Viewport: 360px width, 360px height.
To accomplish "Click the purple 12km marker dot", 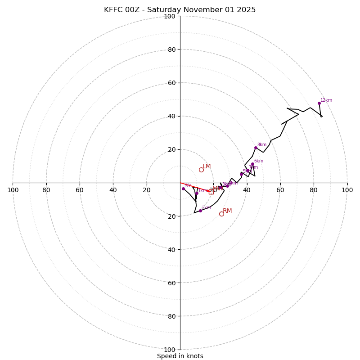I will coord(319,103).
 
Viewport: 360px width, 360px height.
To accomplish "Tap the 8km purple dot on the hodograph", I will coord(256,148).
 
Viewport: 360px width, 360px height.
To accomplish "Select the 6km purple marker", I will coord(252,164).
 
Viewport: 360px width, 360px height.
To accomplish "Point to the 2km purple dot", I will coord(200,211).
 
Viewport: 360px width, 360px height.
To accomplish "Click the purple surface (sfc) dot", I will coord(183,189).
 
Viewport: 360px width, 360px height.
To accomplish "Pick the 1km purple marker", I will coord(197,193).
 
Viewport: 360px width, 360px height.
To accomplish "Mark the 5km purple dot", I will coord(241,174).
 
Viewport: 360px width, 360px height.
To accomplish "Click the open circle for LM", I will coord(201,170).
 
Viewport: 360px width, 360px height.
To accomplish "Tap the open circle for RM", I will coord(221,214).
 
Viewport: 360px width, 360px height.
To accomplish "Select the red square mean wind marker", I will coord(211,192).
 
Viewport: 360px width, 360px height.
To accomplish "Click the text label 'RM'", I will coord(227,211).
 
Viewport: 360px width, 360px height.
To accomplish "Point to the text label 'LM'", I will coord(207,166).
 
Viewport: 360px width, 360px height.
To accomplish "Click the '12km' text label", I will coord(326,100).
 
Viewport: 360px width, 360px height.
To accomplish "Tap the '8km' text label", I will coord(262,145).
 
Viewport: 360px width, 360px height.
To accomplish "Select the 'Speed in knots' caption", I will coord(180,356).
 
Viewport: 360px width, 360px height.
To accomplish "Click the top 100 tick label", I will coord(170,16).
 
